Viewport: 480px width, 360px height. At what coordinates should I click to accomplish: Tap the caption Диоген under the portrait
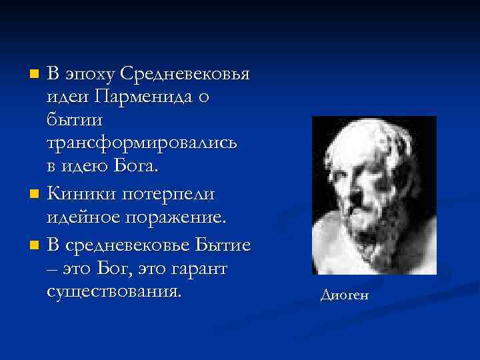coord(344,295)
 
